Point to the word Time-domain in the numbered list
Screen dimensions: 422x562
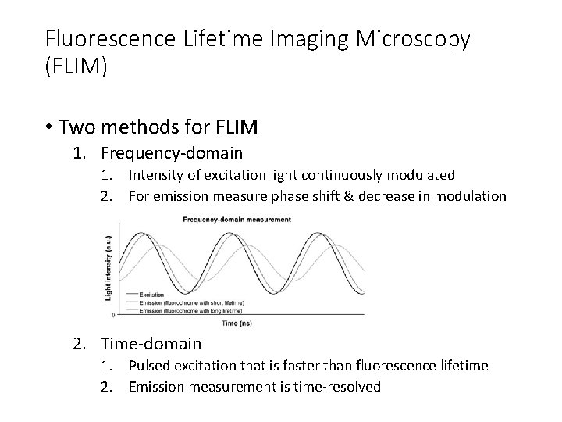[156, 343]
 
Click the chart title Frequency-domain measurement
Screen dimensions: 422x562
[237, 220]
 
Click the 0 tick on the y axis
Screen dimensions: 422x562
[116, 314]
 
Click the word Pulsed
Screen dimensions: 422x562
[154, 367]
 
